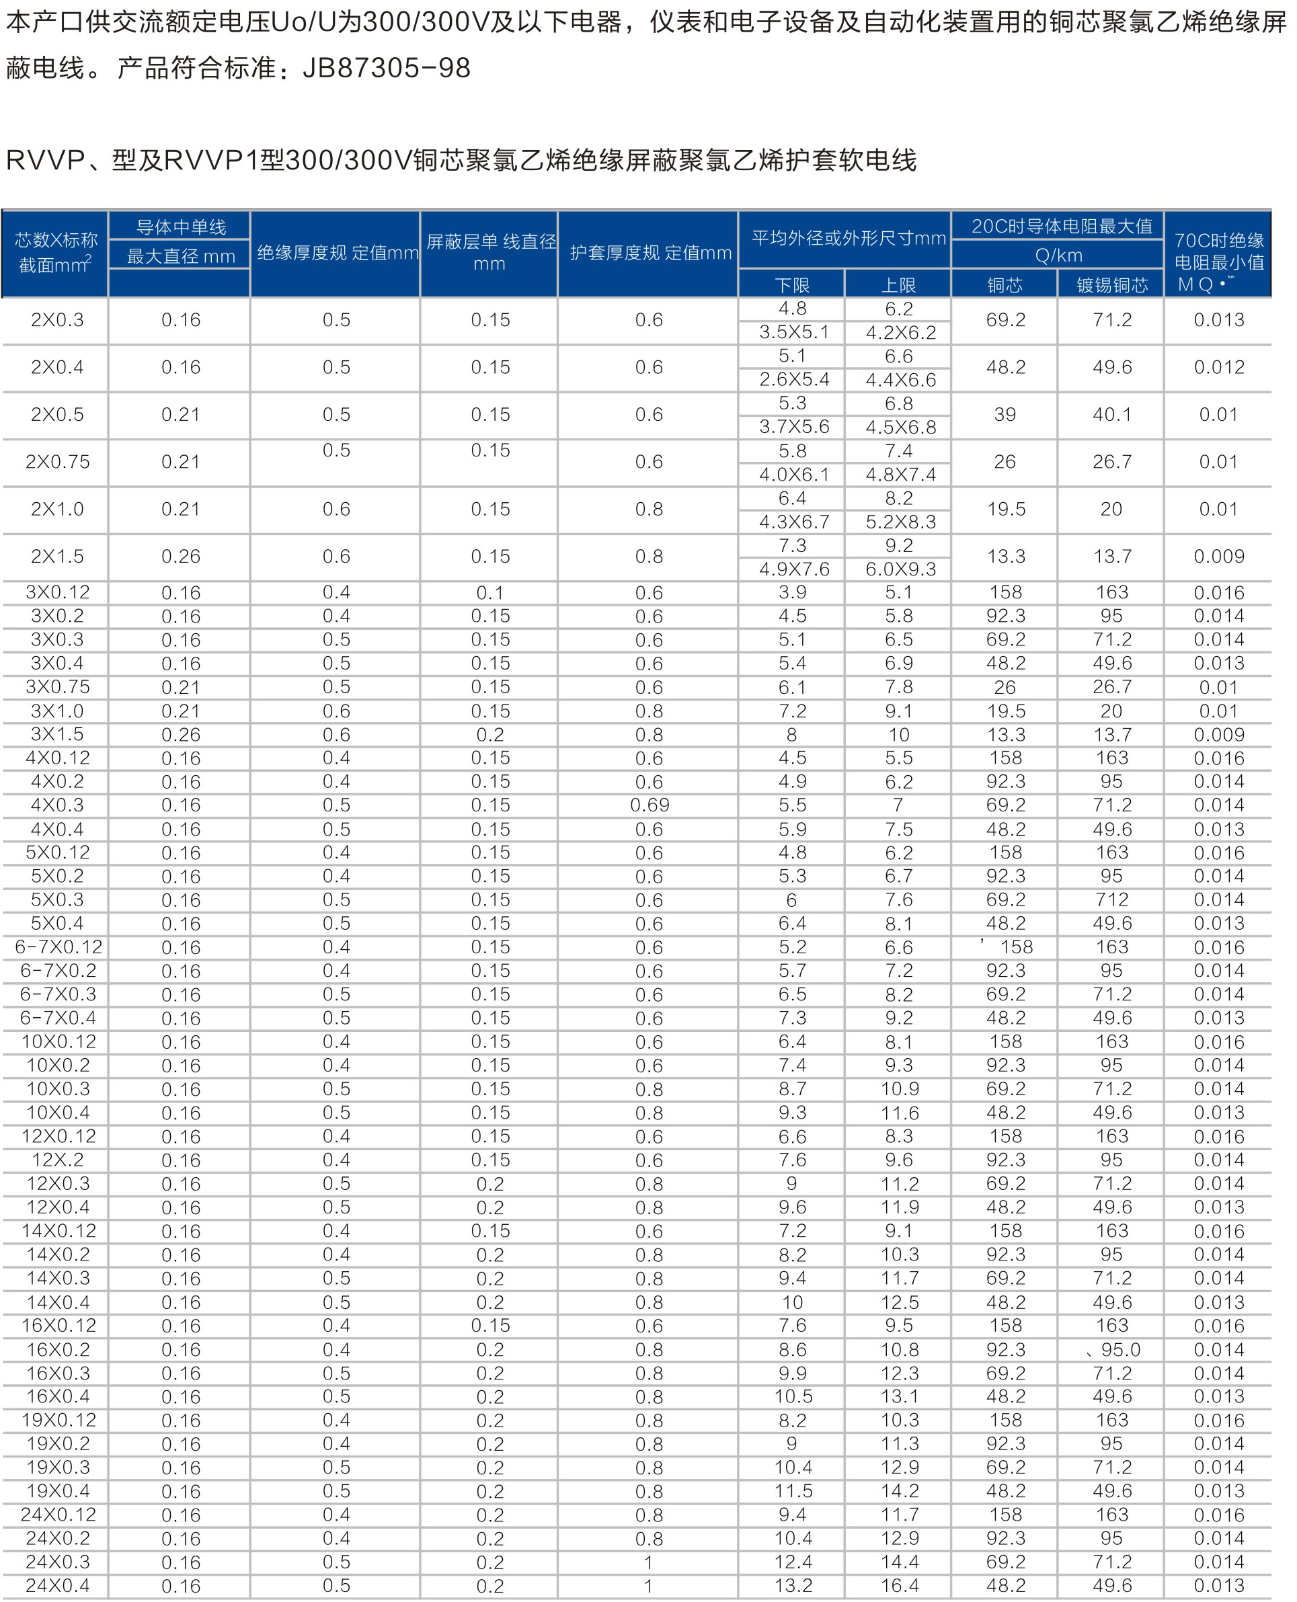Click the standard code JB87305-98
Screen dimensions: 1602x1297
(x=386, y=69)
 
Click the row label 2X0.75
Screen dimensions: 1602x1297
(x=58, y=463)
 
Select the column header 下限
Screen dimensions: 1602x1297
(x=792, y=285)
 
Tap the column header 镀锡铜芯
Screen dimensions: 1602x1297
(x=1111, y=285)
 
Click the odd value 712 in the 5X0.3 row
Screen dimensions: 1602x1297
(x=1111, y=900)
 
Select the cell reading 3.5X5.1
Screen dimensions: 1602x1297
(x=793, y=332)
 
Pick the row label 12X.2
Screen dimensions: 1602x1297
(x=58, y=1160)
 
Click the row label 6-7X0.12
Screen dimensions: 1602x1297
(x=58, y=947)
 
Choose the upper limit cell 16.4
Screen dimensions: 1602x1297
(x=900, y=1586)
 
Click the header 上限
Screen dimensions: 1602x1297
(x=898, y=285)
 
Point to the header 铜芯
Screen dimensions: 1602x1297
(x=1005, y=285)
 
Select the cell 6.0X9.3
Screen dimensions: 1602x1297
(x=900, y=569)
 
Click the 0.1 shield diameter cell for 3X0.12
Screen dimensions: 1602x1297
(x=490, y=593)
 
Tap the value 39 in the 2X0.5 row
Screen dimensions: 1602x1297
(x=1005, y=415)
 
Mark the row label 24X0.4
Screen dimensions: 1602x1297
(x=58, y=1586)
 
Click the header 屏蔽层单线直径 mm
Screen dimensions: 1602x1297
(x=490, y=253)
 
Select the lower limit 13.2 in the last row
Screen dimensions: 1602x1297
(x=793, y=1586)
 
